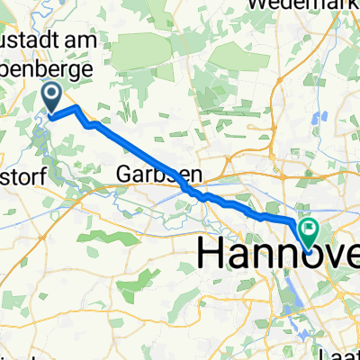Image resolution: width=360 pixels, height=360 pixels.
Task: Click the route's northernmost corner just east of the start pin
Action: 76,107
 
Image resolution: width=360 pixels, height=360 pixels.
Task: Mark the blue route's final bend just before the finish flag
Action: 295,220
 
